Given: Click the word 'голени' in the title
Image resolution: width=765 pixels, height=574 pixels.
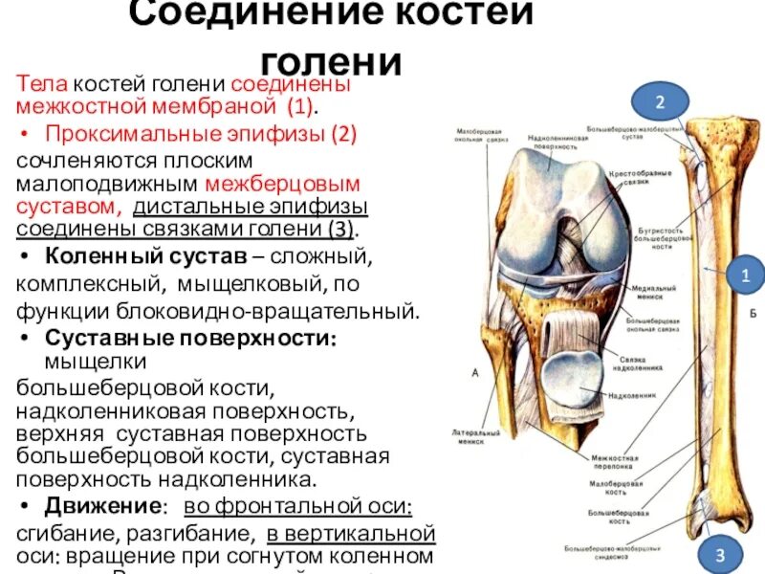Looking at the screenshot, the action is tap(329, 60).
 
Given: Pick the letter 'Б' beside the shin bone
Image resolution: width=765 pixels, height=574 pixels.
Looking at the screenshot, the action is tap(754, 314).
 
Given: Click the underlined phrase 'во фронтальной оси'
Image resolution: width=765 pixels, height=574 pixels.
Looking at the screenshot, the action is tap(298, 505).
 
